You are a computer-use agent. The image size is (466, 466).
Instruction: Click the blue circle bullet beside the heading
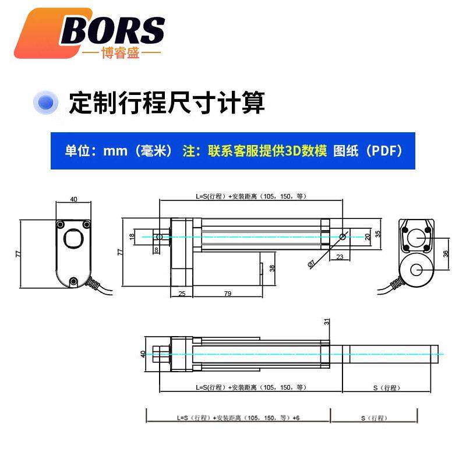[x=46, y=103]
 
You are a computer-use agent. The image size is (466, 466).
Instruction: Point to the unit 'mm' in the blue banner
[x=115, y=150]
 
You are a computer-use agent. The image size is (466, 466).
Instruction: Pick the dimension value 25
[x=182, y=294]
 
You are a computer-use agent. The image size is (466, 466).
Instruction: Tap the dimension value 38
[x=272, y=269]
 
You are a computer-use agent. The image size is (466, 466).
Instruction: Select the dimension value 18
[x=132, y=236]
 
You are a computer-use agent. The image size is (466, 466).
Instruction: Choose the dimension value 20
[x=367, y=236]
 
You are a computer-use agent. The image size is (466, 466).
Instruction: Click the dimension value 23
[x=340, y=256]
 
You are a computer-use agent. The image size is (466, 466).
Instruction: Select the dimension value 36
[x=446, y=254]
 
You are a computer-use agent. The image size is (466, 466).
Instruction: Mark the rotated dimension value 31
[x=327, y=322]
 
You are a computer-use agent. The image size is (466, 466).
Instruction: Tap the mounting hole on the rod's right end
[x=342, y=236]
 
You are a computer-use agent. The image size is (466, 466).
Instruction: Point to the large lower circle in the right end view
[x=416, y=270]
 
